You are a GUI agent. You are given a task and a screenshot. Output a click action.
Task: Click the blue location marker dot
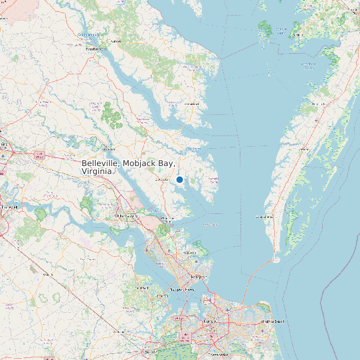pyautogui.click(x=179, y=179)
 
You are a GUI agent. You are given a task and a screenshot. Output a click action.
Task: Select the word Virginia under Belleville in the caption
pyautogui.click(x=97, y=171)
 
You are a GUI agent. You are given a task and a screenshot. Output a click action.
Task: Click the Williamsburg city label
pyautogui.click(x=126, y=217)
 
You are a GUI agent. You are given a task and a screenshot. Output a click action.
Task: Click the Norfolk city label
pyautogui.click(x=211, y=321)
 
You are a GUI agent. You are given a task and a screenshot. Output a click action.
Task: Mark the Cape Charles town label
pyautogui.click(x=264, y=217)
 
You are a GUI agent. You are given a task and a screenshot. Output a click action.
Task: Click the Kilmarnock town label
pyautogui.click(x=192, y=104)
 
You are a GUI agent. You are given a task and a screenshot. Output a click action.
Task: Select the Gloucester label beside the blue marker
pyautogui.click(x=161, y=179)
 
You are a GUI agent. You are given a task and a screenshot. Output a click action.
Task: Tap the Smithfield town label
pyautogui.click(x=141, y=288)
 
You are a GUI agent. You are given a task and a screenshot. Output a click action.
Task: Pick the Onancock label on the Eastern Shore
pyautogui.click(x=318, y=104)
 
